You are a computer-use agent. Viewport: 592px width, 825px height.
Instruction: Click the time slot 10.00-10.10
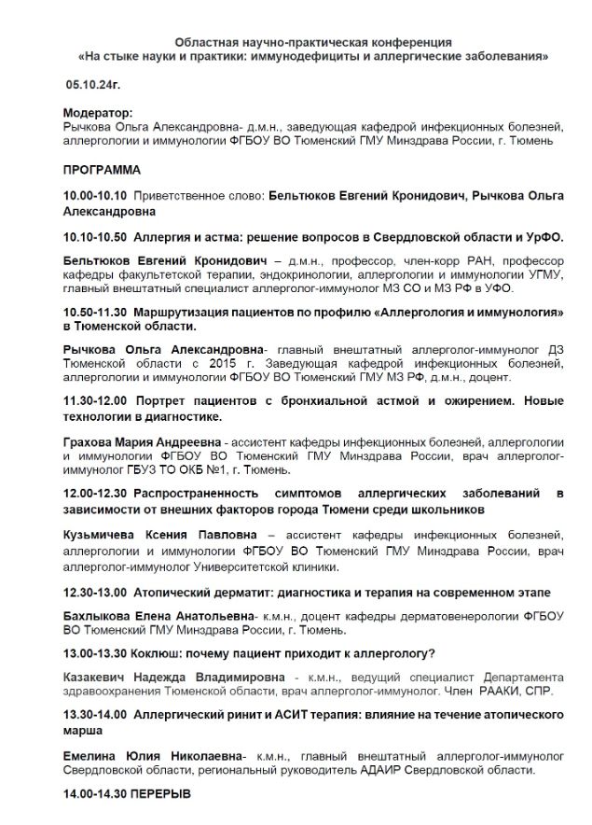tap(94, 198)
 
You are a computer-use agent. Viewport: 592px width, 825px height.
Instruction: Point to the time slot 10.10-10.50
tap(94, 237)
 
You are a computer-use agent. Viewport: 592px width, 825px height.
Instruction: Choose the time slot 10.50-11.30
tap(94, 309)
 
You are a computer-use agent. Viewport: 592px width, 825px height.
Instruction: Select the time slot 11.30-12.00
tap(96, 399)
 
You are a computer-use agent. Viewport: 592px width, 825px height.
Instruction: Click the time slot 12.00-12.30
tap(95, 491)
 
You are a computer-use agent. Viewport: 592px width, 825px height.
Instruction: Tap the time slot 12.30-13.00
tap(94, 592)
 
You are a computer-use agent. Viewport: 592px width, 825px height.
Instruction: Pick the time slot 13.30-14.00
tap(94, 714)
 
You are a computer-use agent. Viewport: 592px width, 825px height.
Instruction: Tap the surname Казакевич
tap(96, 676)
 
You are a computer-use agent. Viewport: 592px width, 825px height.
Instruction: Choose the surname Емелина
tap(89, 754)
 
